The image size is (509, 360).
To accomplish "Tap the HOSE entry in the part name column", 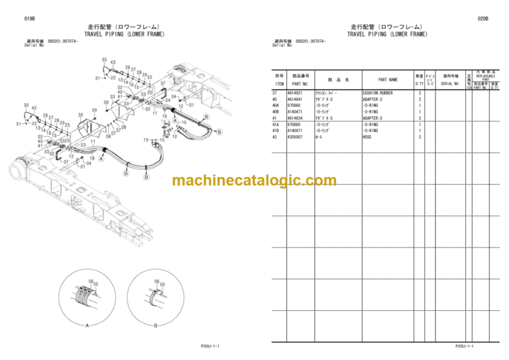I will click(367, 137).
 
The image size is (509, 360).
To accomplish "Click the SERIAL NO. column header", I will click(450, 84).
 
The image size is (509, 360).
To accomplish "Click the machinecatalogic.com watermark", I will click(254, 180).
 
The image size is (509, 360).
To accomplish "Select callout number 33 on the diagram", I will click(112, 97).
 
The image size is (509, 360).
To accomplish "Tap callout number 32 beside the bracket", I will click(80, 115).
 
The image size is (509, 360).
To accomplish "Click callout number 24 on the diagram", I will click(168, 100).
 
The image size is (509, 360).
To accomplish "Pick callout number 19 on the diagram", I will click(163, 117).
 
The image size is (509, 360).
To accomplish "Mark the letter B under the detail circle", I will click(154, 324).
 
